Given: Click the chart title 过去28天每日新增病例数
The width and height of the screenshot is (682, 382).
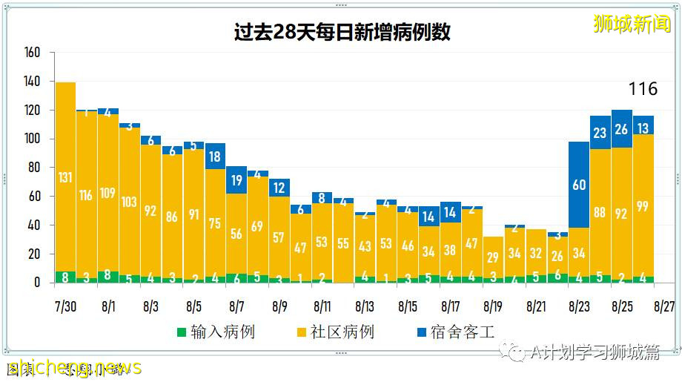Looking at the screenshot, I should [341, 33].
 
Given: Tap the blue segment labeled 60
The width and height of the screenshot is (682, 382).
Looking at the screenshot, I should [579, 185].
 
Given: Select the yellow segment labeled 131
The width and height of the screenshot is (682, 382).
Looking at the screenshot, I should [65, 177].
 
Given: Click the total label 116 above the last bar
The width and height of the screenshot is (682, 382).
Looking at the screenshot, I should [643, 89].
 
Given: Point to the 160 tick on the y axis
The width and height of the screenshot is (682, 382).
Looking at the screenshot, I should [32, 53].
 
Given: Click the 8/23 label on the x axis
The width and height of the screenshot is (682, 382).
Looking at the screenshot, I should [579, 306].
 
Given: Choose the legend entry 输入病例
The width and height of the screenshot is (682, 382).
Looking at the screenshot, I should [214, 332].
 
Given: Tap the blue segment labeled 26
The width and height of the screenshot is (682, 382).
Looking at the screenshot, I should [621, 129].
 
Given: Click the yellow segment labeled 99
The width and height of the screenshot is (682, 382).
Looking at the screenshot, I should [643, 206].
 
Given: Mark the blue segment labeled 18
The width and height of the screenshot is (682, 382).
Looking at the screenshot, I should [216, 157].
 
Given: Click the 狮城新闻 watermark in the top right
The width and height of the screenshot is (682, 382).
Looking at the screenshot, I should [632, 24].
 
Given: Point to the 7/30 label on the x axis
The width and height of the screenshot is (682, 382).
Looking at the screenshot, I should [65, 306].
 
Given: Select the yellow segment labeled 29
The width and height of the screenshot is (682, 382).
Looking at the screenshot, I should [493, 257].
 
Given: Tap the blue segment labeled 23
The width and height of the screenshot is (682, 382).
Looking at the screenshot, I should [600, 133].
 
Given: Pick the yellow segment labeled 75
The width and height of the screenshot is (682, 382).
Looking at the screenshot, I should [216, 223].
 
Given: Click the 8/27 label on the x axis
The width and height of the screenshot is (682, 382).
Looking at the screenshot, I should [664, 306].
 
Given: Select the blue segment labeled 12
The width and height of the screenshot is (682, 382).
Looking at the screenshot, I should [279, 188].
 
